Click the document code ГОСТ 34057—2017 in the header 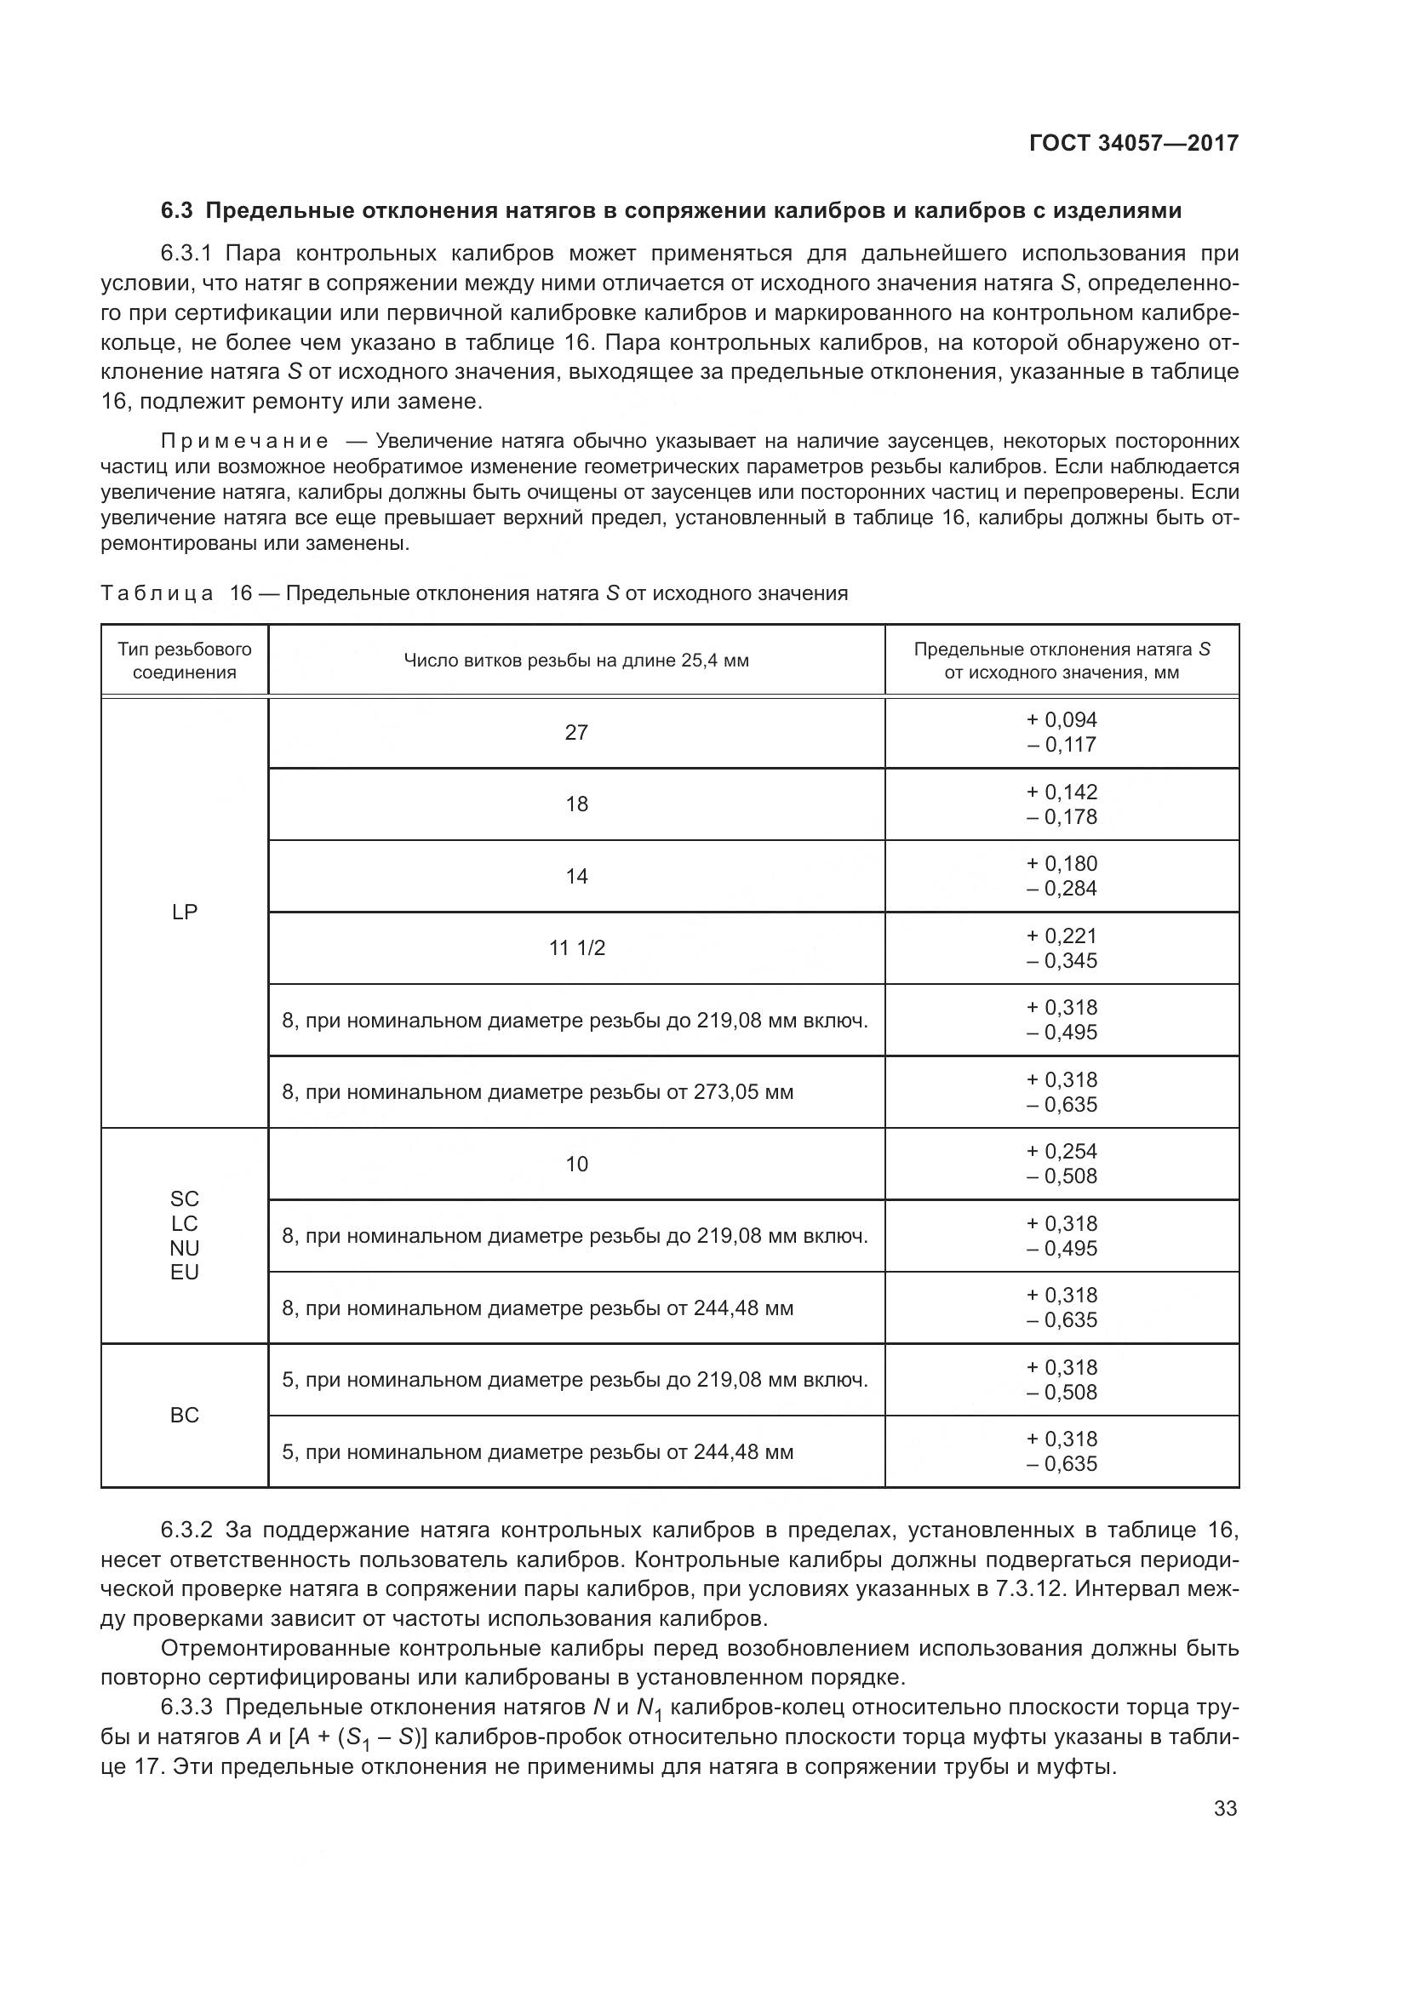pyautogui.click(x=1133, y=143)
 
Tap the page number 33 pyautogui.click(x=1225, y=1808)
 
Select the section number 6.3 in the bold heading pyautogui.click(x=178, y=211)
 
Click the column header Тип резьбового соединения pyautogui.click(x=185, y=661)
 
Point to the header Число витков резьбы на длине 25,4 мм pyautogui.click(x=576, y=661)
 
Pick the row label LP pyautogui.click(x=185, y=912)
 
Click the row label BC pyautogui.click(x=185, y=1416)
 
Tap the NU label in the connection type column pyautogui.click(x=185, y=1248)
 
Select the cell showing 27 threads pyautogui.click(x=576, y=733)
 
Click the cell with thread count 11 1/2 pyautogui.click(x=576, y=947)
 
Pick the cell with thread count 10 pyautogui.click(x=576, y=1164)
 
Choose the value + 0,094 pyautogui.click(x=1062, y=720)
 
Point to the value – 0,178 pyautogui.click(x=1062, y=817)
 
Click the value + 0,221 pyautogui.click(x=1062, y=935)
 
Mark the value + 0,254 pyautogui.click(x=1062, y=1152)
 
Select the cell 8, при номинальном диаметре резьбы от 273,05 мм pyautogui.click(x=537, y=1092)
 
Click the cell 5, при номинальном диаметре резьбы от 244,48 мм pyautogui.click(x=537, y=1451)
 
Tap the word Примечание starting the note pyautogui.click(x=244, y=442)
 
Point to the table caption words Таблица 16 pyautogui.click(x=176, y=594)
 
